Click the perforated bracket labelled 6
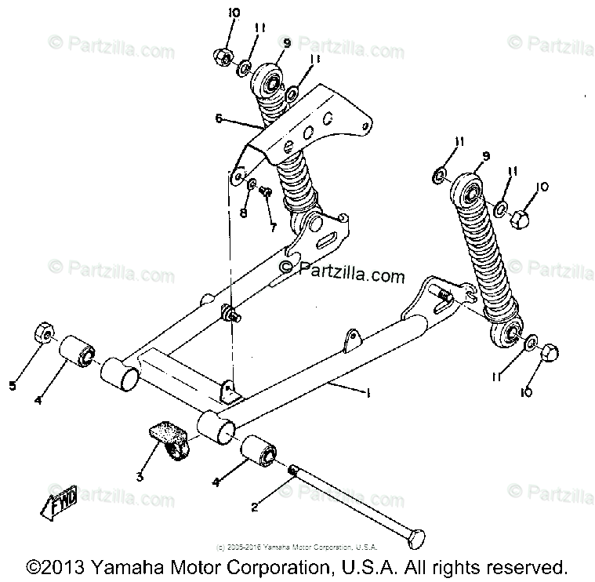coord(314,125)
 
